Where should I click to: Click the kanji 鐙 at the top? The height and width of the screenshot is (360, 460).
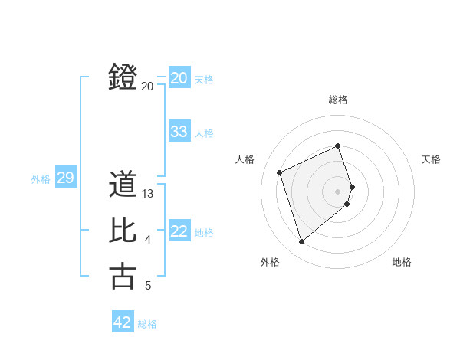coord(123,77)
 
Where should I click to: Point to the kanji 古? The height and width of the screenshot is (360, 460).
coord(123,276)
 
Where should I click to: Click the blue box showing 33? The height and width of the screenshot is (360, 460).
coord(179,132)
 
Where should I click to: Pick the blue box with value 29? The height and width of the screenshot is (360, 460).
coord(65,178)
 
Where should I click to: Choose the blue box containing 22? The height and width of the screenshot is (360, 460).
coord(179,231)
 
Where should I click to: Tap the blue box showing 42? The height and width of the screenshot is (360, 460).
coord(123,322)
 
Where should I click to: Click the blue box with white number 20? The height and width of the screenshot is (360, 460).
coord(179,78)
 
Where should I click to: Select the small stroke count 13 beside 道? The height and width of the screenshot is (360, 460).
coord(149,195)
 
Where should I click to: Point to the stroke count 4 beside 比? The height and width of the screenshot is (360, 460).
coord(148,241)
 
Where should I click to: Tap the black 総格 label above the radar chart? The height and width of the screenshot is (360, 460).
coord(338,100)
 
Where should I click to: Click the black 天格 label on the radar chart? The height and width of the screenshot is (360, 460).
coord(432,159)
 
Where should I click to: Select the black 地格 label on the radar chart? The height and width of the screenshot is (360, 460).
coord(402,262)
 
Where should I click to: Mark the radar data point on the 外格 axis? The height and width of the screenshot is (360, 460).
coord(301,242)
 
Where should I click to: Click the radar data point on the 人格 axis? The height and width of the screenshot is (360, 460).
coord(280,172)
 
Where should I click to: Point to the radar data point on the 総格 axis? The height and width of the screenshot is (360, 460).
coord(338,146)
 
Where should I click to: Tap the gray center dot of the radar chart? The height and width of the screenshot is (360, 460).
coord(338,191)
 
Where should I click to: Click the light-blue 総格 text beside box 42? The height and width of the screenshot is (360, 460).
coord(147,324)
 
